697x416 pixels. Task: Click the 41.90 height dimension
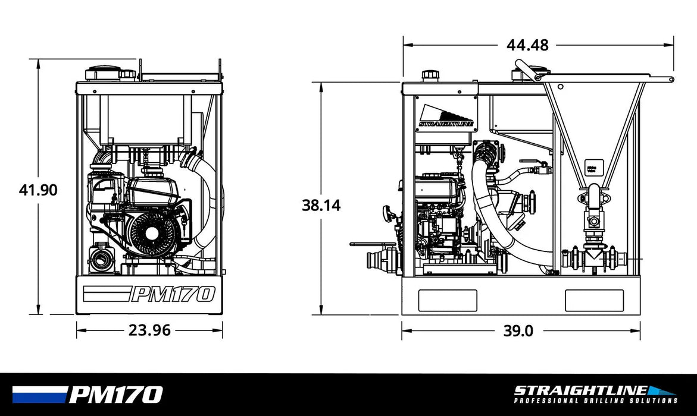click(x=38, y=190)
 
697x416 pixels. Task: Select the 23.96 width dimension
click(x=149, y=330)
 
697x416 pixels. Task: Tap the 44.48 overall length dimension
click(x=527, y=45)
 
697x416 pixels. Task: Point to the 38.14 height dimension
click(x=321, y=205)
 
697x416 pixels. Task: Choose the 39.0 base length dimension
click(x=518, y=331)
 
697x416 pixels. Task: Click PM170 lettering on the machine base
click(x=172, y=294)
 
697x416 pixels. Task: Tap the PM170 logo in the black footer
click(x=115, y=395)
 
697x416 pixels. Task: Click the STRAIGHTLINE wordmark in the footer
click(x=580, y=390)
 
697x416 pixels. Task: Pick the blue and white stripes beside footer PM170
click(x=39, y=395)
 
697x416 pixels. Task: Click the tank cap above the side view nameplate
click(x=430, y=75)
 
